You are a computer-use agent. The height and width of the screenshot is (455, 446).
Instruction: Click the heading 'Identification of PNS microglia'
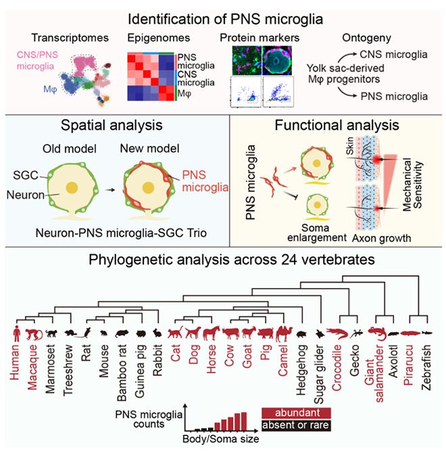click(x=222, y=14)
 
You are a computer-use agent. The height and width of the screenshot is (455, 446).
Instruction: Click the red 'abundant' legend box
click(x=296, y=413)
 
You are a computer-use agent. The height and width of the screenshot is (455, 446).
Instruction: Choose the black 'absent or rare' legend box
click(x=296, y=425)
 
